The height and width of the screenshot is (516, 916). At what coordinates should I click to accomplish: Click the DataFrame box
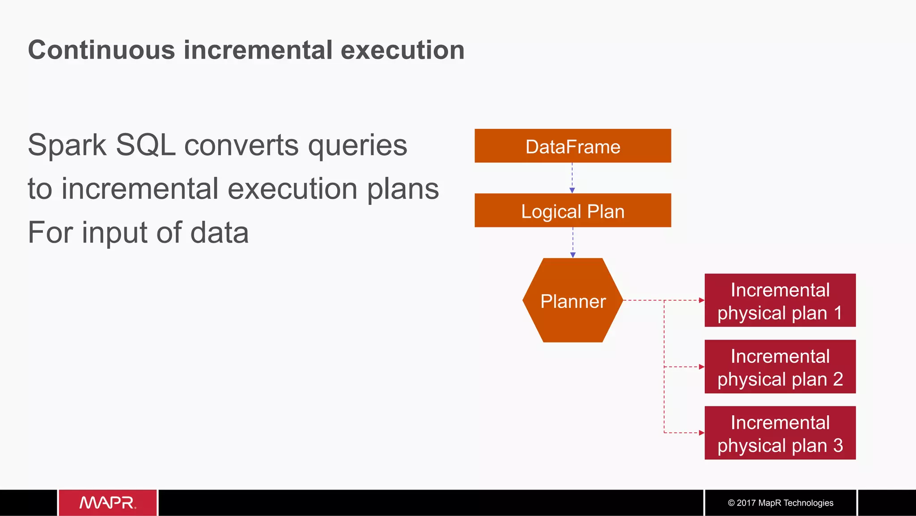click(572, 146)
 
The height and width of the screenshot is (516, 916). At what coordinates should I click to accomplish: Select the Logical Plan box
click(572, 210)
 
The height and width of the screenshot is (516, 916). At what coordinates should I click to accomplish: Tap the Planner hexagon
click(572, 300)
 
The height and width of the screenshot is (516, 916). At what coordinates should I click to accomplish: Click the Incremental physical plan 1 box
click(780, 300)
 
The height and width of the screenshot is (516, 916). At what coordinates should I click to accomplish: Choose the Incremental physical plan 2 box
click(780, 367)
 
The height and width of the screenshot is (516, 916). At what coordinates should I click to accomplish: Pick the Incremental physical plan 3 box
click(780, 433)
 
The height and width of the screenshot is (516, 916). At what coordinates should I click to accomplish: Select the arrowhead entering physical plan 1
click(701, 300)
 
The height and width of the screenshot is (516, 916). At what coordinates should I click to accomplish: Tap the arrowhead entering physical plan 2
click(701, 367)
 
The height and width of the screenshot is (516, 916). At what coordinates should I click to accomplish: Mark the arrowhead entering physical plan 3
click(701, 433)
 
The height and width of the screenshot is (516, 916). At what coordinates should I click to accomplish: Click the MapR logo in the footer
click(107, 503)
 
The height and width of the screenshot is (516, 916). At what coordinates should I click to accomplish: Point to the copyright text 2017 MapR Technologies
click(780, 503)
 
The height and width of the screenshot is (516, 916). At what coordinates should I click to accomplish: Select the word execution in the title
click(403, 50)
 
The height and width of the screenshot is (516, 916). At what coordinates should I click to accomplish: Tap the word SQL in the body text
click(145, 145)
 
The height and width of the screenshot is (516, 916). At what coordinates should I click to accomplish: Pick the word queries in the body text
click(357, 146)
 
